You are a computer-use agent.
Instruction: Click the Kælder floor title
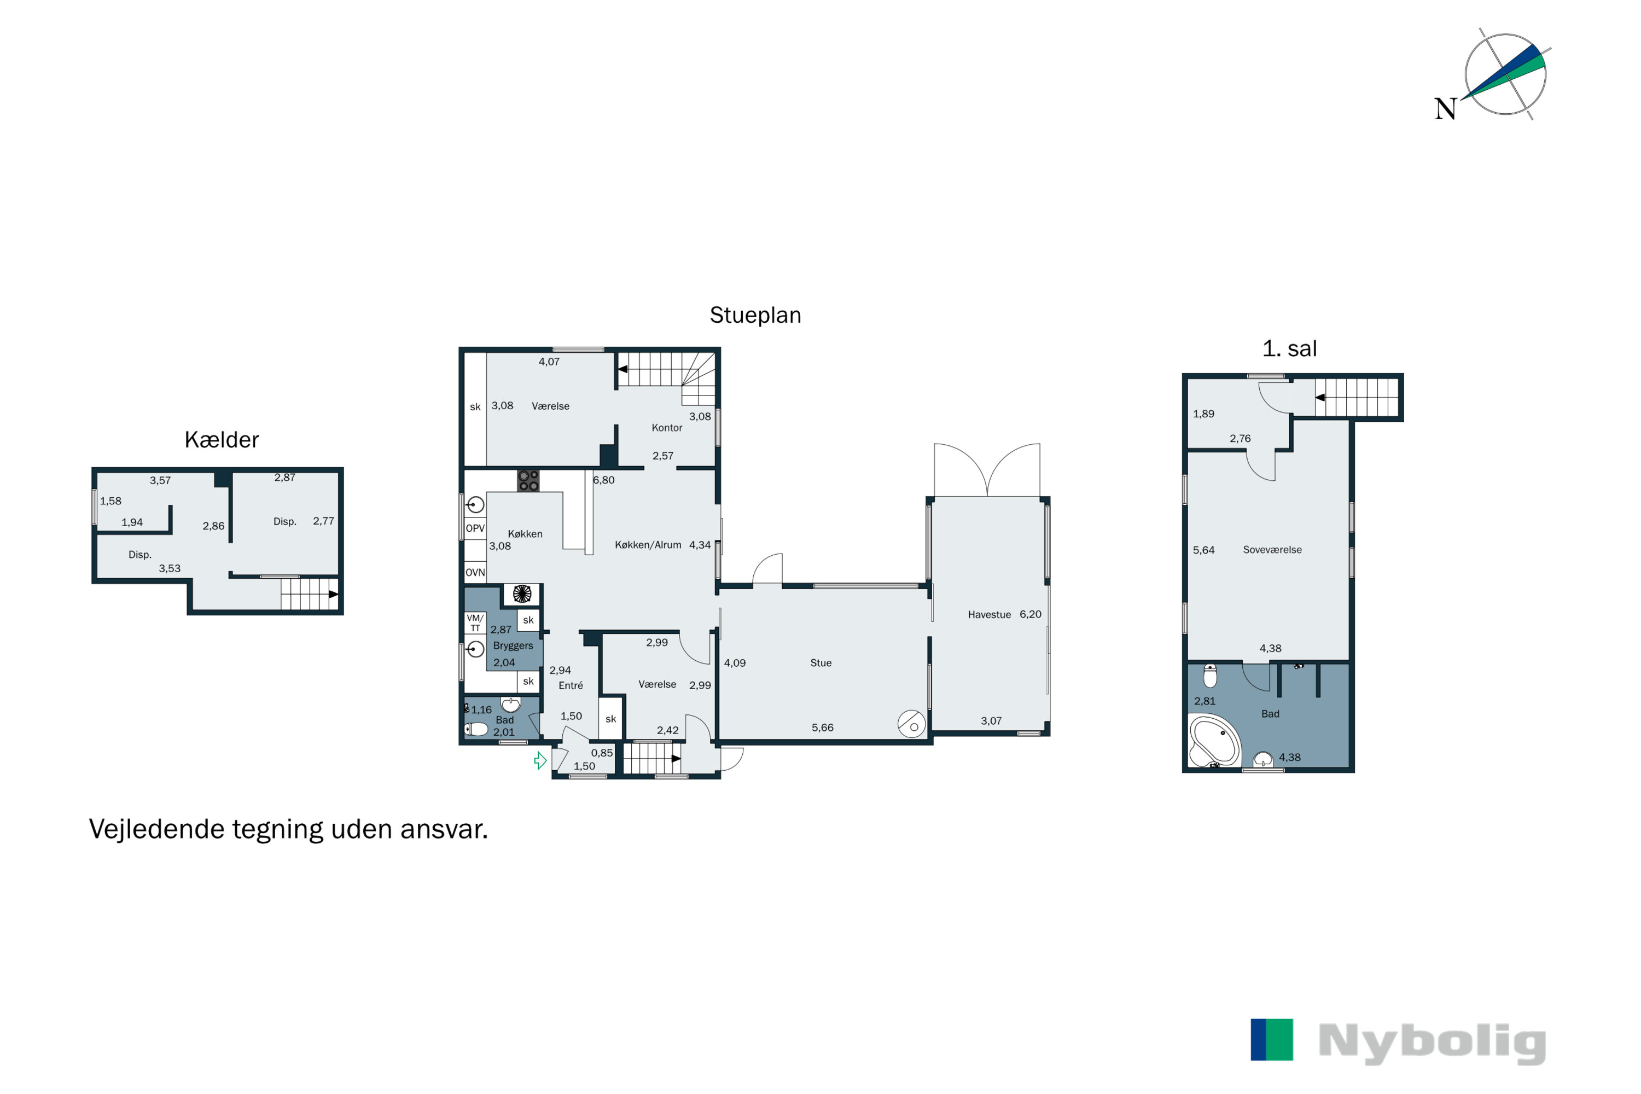tap(222, 440)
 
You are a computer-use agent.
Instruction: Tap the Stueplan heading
tap(755, 316)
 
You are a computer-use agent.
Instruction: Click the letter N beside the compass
tap(1445, 109)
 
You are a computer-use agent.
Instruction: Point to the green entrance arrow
tap(540, 760)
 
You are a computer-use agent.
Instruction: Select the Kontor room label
tap(666, 428)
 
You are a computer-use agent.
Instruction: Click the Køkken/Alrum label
tap(648, 545)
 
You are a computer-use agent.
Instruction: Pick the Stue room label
tap(821, 663)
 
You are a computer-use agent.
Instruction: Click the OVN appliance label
tap(475, 573)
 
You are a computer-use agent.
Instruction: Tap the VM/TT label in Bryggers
tap(475, 623)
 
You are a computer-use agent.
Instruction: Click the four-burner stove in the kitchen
tap(528, 481)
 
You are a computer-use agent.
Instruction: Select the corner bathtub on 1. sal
tap(1215, 741)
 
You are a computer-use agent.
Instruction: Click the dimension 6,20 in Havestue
tap(1031, 615)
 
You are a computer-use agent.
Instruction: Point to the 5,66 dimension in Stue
tap(823, 728)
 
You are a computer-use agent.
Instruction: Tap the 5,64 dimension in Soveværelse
tap(1203, 550)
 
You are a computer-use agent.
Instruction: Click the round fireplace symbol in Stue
tap(911, 724)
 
